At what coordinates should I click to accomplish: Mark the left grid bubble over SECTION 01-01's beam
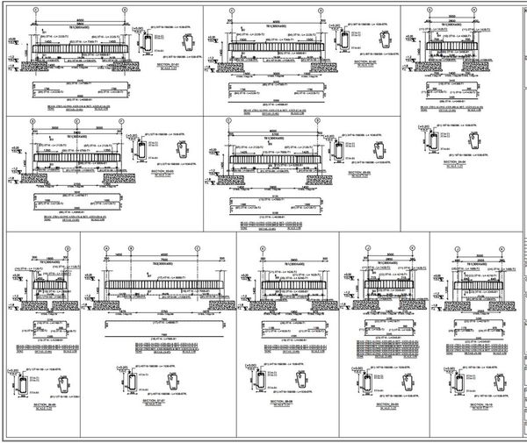click(x=36, y=11)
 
